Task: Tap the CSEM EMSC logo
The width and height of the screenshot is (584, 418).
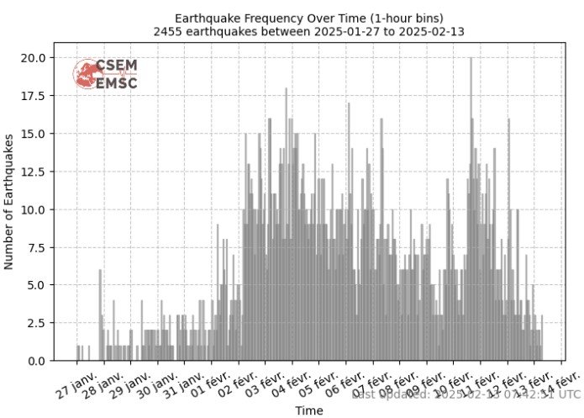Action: tap(106, 74)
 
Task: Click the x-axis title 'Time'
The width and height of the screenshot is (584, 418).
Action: tap(308, 410)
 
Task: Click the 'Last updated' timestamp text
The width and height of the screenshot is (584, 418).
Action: tap(466, 393)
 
